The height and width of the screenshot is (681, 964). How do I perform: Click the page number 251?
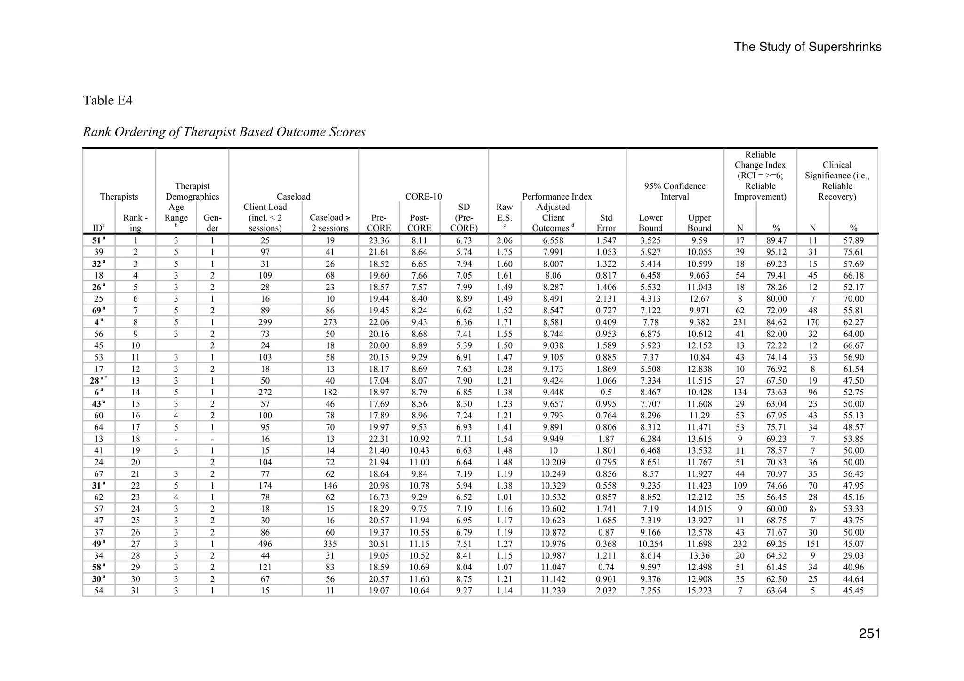point(869,634)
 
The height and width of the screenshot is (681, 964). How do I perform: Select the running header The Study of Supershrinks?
point(807,47)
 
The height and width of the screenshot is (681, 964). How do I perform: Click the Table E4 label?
point(108,100)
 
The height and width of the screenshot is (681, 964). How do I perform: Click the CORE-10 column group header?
point(423,197)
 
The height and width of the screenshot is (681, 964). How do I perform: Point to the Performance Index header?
point(557,197)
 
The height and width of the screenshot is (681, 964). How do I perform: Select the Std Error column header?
point(606,223)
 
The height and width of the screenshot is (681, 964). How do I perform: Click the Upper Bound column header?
point(699,223)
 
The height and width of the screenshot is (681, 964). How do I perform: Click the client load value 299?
point(265,322)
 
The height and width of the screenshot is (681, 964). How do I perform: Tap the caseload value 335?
point(330,544)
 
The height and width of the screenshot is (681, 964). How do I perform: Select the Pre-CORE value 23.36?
point(378,240)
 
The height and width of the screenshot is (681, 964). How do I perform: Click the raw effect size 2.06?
point(504,240)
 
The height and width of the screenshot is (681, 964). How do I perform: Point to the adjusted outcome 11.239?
point(553,591)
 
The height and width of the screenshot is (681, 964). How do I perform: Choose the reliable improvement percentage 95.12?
point(776,252)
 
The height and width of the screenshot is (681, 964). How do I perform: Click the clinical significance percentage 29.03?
point(853,556)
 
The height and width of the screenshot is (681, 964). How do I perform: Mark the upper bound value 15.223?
point(699,591)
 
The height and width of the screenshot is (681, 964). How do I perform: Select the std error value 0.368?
point(606,544)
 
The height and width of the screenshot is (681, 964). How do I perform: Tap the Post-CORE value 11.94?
point(419,521)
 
